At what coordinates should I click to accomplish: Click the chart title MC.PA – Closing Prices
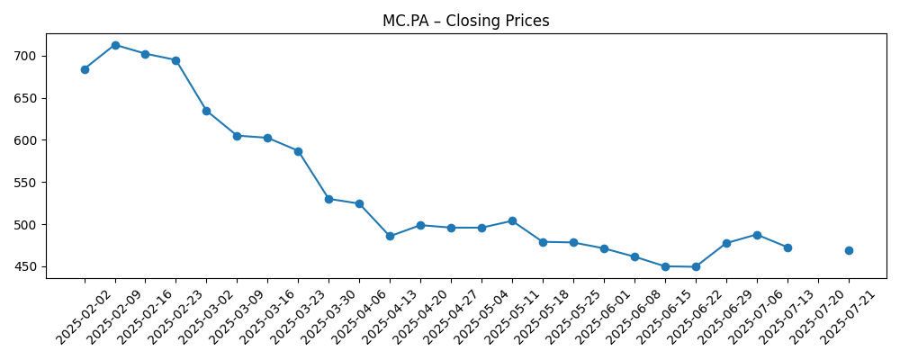pos(465,21)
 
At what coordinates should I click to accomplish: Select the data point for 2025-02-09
pos(115,45)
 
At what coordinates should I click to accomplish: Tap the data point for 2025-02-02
pos(85,69)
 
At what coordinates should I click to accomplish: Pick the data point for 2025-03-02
pos(206,111)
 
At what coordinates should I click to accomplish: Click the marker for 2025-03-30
pos(328,199)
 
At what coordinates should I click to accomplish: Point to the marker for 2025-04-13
pos(390,236)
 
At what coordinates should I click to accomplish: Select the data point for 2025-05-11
pos(512,220)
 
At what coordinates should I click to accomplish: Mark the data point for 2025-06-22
pos(696,266)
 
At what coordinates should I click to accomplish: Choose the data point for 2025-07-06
pos(757,235)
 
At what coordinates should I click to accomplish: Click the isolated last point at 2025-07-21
pos(849,250)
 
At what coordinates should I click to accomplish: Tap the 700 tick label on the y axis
pos(26,56)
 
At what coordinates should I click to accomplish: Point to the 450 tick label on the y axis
pos(26,266)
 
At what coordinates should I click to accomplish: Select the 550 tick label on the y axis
pos(26,183)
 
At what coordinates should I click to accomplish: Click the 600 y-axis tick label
pos(26,140)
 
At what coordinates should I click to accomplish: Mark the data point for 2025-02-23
pos(175,60)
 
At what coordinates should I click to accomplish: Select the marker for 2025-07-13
pos(787,247)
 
